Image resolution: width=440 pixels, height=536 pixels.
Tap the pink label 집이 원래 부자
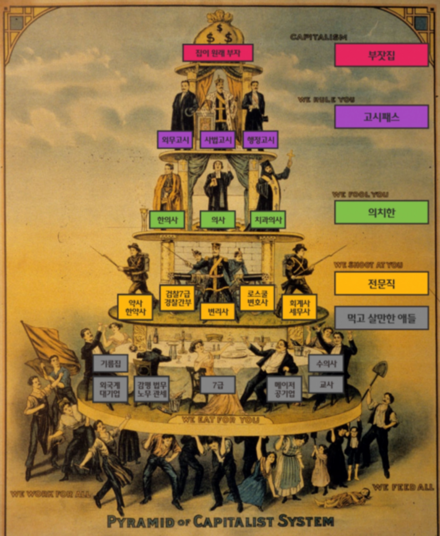[218, 53]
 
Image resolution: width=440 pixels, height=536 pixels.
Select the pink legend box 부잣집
[381, 55]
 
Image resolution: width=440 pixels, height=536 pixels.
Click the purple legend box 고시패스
[381, 117]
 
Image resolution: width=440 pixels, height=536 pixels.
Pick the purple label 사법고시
[218, 140]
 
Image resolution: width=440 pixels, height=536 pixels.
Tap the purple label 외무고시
[175, 140]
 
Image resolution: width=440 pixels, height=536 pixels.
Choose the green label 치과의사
[268, 220]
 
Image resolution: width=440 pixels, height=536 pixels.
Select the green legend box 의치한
[381, 212]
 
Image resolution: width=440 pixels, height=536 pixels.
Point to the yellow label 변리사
[218, 311]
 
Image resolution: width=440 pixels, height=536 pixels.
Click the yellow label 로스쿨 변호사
[257, 298]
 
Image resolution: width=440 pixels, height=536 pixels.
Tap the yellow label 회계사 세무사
[300, 307]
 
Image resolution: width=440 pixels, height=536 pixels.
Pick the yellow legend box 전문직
[381, 283]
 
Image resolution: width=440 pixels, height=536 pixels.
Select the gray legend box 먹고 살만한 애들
[381, 318]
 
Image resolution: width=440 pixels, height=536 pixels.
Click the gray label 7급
[218, 385]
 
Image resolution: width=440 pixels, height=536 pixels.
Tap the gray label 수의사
[326, 364]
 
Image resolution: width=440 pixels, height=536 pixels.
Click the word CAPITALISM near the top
[318, 37]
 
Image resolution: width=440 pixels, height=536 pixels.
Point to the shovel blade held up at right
[381, 370]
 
